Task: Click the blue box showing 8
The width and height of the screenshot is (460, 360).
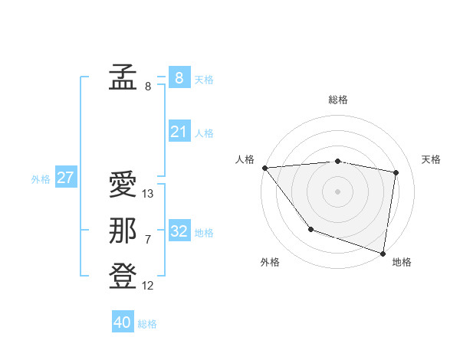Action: click(179, 77)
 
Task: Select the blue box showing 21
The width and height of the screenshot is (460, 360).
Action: click(179, 132)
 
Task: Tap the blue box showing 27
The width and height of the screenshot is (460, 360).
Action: click(65, 178)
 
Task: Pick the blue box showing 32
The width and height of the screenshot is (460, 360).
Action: click(179, 231)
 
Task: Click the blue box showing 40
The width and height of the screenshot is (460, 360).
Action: click(122, 322)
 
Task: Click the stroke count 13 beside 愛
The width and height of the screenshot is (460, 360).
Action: click(148, 195)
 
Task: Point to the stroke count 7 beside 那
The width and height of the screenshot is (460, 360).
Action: click(148, 240)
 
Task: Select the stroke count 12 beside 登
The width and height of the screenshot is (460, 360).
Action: click(148, 286)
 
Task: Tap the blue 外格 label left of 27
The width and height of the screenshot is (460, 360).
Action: click(41, 179)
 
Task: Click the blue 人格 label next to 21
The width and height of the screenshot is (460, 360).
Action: click(204, 133)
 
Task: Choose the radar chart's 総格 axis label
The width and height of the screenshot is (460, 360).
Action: click(337, 100)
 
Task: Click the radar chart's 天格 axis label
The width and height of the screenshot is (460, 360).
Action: click(431, 159)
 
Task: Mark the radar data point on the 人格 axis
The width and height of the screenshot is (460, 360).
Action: click(264, 168)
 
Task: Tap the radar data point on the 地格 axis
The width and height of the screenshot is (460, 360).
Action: click(383, 253)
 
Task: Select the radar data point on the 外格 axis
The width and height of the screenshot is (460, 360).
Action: click(310, 228)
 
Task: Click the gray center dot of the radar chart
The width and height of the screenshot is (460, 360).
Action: click(337, 191)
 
